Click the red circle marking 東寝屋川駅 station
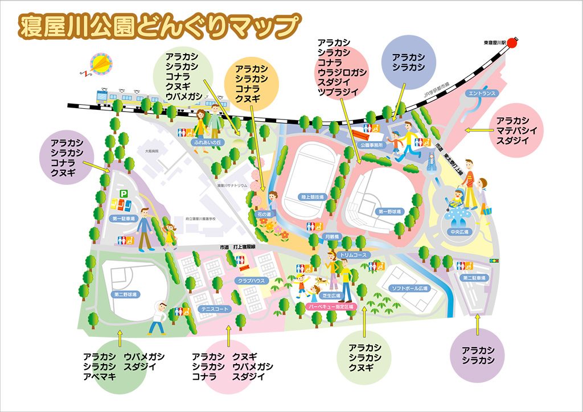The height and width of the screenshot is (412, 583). coord(512,43)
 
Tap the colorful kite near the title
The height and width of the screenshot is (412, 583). coord(102,63)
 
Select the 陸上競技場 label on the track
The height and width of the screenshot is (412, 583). coord(311,197)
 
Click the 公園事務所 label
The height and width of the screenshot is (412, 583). coord(373,145)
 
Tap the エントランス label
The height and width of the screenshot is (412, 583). coord(482,93)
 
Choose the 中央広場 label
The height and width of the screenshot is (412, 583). coord(458,232)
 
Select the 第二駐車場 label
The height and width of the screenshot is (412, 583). coord(474,278)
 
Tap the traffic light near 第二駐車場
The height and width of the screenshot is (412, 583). coord(493,261)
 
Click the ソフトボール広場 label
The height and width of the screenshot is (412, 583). coord(409,289)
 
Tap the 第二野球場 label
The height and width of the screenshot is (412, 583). coord(125,294)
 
